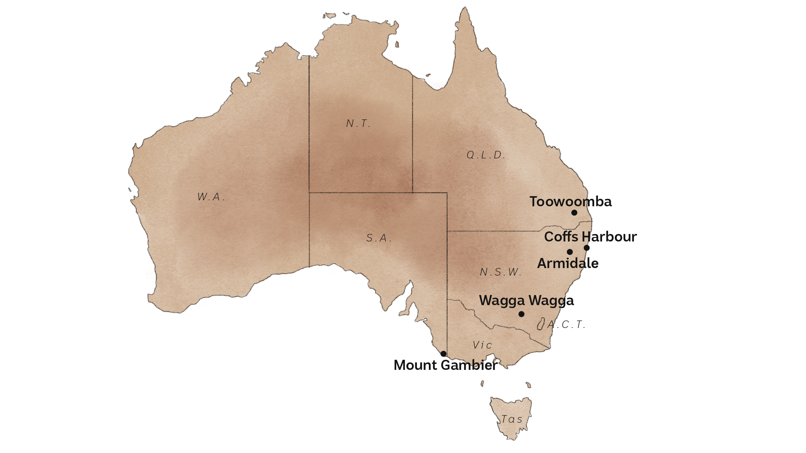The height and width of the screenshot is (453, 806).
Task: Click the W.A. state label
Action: pos(211,197)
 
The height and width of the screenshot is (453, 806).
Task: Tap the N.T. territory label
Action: pos(358,124)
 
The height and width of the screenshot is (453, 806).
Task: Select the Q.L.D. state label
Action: pos(486,155)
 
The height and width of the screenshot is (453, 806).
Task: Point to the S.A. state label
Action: pos(379,238)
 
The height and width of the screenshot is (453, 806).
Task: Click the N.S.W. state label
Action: pos(501,272)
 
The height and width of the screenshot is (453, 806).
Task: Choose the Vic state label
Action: pos(482,345)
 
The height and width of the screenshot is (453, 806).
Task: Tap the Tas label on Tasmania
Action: pos(512,419)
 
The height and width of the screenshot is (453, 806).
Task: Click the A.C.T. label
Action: pos(566,325)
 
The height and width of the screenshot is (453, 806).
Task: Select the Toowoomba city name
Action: pos(570,202)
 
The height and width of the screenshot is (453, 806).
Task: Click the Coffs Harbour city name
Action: pos(590,237)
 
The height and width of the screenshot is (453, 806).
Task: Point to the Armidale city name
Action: pos(568,264)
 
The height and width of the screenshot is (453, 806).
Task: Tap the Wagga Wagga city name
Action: pos(526,301)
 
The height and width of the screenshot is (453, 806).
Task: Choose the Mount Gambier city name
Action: pos(445,365)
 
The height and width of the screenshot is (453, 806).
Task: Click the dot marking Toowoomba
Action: pos(574,213)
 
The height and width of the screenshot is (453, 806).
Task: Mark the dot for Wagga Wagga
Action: pos(521,314)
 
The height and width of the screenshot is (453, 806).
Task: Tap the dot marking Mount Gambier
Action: pos(443,354)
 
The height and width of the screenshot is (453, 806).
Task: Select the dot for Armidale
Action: pos(570,252)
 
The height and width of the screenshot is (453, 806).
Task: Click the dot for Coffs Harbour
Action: pos(587,248)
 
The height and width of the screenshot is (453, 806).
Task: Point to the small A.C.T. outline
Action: pos(541,324)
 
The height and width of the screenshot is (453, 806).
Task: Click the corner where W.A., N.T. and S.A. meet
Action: pos(309,193)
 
